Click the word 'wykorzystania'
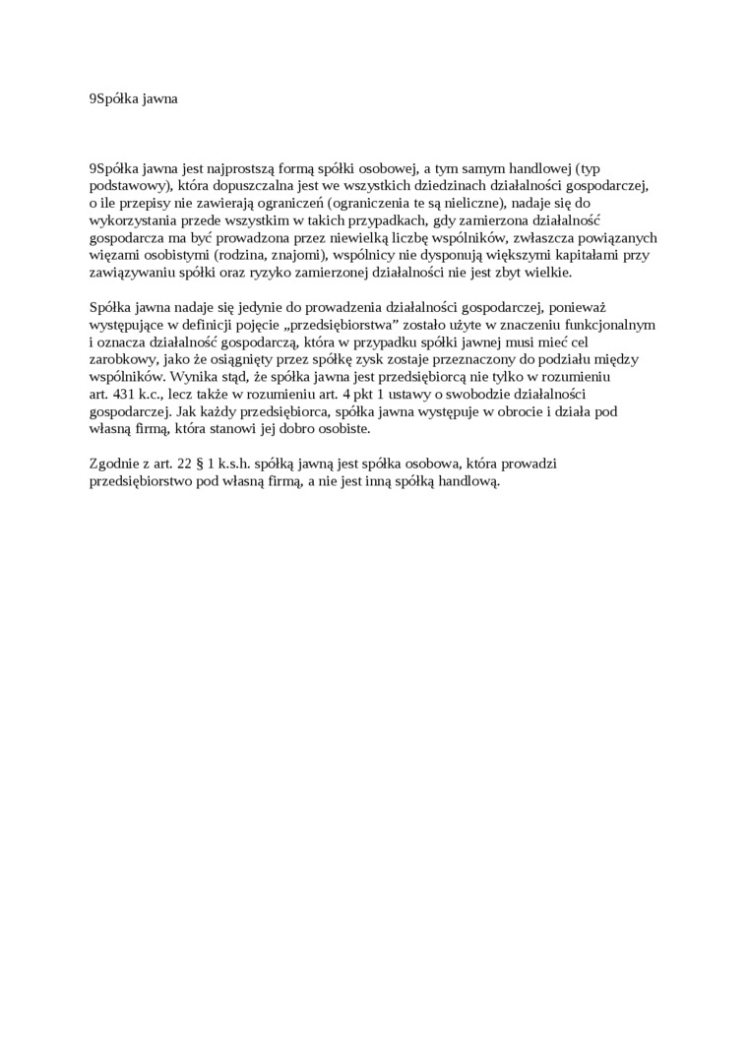pos(131,220)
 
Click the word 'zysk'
pos(348,359)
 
